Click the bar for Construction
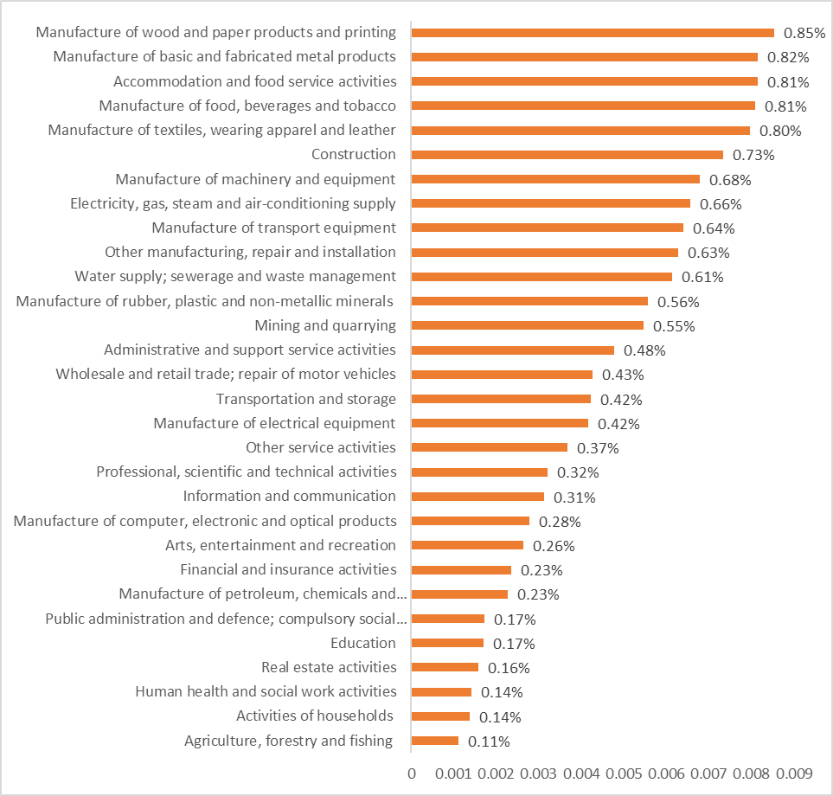coord(567,155)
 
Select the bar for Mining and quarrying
coord(528,325)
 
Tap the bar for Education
coord(447,643)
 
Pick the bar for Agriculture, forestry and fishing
coord(435,741)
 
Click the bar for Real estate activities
coord(445,667)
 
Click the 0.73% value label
coord(753,155)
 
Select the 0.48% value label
coord(644,350)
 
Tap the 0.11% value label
coord(489,741)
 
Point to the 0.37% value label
coord(598,448)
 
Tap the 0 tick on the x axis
coord(412,773)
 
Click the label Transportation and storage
coord(306,399)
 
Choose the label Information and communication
coord(289,496)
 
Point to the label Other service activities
coord(320,447)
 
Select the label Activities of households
coord(315,716)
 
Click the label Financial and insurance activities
coord(288,569)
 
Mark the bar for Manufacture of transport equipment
coord(548,228)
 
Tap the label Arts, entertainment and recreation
coord(280,545)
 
